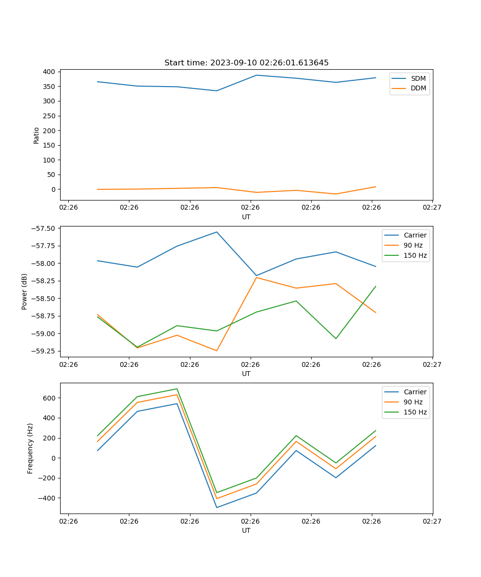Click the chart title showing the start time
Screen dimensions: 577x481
(246, 63)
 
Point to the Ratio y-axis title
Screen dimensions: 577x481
(37, 135)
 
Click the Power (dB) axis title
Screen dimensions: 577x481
(25, 291)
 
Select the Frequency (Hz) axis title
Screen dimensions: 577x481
(30, 448)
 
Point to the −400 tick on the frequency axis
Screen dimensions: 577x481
(46, 498)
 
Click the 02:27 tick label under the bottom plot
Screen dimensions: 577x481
(432, 521)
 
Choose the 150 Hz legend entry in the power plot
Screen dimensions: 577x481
(415, 255)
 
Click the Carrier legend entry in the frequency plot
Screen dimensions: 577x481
(415, 392)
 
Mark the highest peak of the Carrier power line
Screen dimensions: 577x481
(216, 232)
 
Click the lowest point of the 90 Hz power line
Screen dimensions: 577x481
(216, 351)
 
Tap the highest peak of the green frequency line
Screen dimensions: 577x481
(177, 389)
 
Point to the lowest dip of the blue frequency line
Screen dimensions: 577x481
(216, 507)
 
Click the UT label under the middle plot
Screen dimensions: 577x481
(246, 374)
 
